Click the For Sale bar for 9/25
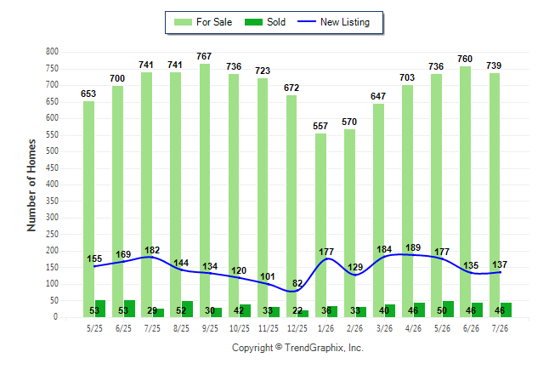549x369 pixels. click(205, 190)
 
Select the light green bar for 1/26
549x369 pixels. click(320, 225)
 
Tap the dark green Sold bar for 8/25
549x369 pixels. click(187, 309)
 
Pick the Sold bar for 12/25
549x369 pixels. click(303, 314)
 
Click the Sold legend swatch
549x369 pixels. click(253, 22)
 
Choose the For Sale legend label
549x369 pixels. click(214, 22)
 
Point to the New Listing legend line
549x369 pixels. click(306, 22)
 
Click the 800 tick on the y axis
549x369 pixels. click(52, 52)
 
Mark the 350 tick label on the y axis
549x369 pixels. click(52, 201)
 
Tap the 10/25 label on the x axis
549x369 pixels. click(240, 328)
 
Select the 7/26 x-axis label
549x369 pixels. click(500, 328)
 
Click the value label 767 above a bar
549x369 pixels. click(204, 56)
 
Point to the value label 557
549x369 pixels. click(320, 126)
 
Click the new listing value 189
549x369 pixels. click(413, 247)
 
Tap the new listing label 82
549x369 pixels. click(297, 283)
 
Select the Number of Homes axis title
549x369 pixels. click(31, 185)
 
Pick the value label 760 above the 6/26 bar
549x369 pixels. click(465, 59)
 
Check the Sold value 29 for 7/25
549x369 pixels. click(152, 310)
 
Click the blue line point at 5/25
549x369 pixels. click(94, 266)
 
